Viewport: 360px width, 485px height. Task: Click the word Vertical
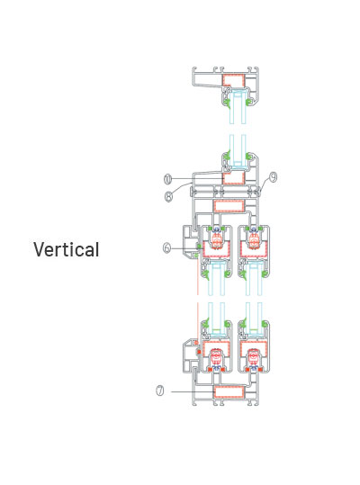67,249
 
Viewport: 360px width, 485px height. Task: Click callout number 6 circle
167,247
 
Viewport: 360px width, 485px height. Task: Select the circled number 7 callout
160,391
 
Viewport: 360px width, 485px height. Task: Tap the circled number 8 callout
168,197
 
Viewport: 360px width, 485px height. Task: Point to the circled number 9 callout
273,176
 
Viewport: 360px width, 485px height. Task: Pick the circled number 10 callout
167,178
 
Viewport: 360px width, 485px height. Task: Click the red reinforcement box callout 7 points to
229,392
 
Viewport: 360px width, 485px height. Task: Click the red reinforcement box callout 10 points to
233,178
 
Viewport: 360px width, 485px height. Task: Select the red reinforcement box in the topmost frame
233,80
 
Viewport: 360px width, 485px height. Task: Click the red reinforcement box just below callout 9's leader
229,206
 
